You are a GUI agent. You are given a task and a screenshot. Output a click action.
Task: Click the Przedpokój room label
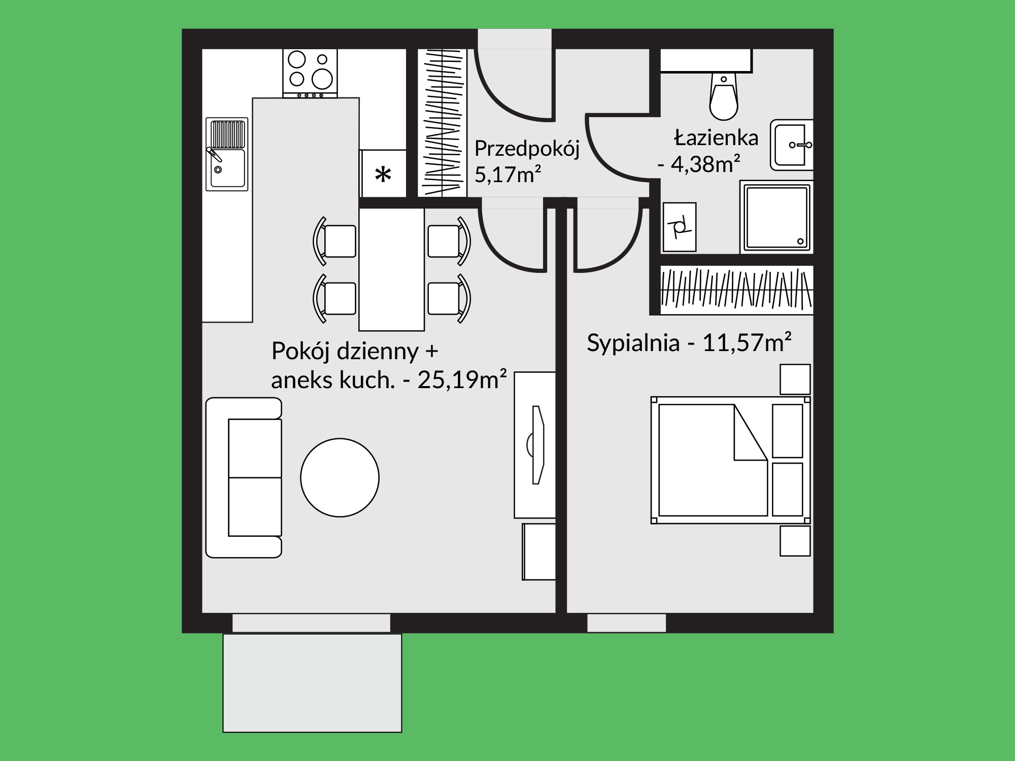tap(527, 149)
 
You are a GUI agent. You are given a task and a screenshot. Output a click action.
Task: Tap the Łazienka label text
tap(716, 137)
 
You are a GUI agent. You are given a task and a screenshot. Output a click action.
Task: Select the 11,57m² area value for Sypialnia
tap(747, 342)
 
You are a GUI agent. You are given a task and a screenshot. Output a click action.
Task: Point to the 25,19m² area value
tap(462, 379)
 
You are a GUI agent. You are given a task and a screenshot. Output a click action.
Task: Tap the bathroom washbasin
tap(791, 145)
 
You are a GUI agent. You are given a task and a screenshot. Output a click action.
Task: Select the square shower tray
tap(776, 217)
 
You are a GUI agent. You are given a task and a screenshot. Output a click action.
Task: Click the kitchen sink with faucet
tap(227, 154)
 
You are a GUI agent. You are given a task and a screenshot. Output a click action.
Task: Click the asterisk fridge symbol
tap(383, 174)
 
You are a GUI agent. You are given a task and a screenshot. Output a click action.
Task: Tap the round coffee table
tap(340, 477)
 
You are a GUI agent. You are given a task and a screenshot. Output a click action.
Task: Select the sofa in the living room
tap(244, 477)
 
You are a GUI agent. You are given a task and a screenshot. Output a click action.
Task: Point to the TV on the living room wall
tap(537, 445)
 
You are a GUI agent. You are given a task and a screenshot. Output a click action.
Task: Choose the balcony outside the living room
tap(312, 683)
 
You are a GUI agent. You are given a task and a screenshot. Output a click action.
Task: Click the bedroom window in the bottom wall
tap(626, 623)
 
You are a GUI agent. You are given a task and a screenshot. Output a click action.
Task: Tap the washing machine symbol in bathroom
tap(680, 227)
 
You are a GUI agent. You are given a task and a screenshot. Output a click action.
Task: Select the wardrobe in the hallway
tap(442, 123)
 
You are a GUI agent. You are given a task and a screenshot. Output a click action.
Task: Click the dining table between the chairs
tap(391, 269)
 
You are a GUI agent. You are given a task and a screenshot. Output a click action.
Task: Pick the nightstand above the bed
tap(795, 379)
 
